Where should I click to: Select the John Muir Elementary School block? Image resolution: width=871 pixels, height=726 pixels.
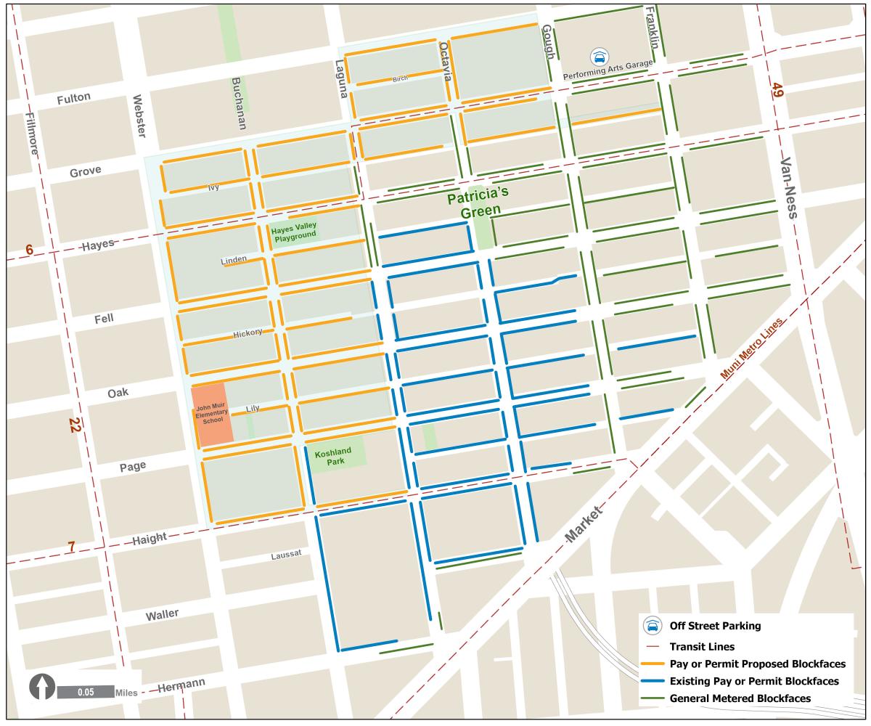tap(212, 415)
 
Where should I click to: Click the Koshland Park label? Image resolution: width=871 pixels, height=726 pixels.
tap(333, 456)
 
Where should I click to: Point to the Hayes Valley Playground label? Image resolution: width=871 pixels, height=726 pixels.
tap(294, 231)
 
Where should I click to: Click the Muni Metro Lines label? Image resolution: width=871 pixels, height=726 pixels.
tap(753, 348)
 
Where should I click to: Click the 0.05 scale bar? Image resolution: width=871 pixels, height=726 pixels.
tap(86, 692)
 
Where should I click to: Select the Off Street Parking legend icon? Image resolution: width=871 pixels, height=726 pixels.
tap(653, 626)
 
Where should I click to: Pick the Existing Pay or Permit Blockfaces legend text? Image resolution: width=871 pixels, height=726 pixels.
tap(754, 681)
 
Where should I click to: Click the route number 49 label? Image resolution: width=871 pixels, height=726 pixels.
tap(777, 90)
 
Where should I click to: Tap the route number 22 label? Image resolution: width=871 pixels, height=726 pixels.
tap(73, 425)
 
